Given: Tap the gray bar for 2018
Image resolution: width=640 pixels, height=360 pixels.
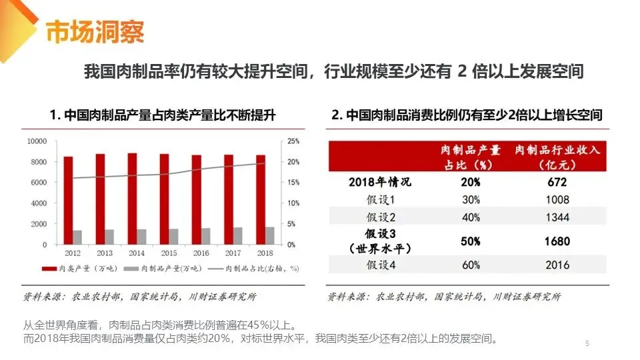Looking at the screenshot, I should tap(269, 236).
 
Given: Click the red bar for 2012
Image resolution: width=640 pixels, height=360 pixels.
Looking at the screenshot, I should tap(68, 200).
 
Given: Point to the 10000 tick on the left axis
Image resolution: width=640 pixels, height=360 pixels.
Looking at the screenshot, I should tap(37, 141).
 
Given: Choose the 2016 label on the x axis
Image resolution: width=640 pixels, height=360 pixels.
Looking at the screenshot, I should tap(201, 253).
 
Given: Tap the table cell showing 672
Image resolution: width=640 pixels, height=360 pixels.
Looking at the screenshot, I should tap(557, 182).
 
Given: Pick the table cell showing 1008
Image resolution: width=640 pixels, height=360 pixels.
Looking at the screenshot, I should tap(557, 199).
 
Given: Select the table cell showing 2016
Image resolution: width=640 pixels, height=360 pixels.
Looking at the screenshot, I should tap(557, 265).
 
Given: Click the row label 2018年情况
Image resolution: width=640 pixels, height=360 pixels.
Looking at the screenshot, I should tap(380, 182).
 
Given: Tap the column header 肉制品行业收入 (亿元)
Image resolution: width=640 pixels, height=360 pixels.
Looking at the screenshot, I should tap(557, 157).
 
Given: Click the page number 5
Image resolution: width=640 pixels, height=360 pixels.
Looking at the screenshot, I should tap(587, 343).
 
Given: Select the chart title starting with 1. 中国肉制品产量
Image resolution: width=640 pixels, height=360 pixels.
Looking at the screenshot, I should tap(163, 115).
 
